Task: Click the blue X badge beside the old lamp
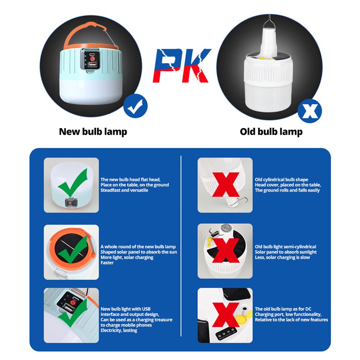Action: [310, 111]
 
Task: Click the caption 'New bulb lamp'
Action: [93, 132]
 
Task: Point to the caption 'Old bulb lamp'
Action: [271, 132]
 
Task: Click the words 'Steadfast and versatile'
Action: [124, 190]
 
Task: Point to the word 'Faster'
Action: [107, 263]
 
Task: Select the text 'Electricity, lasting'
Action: [119, 330]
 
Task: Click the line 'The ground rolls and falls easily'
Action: [287, 190]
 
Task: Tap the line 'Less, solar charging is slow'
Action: [282, 257]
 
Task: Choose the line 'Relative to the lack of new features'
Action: [291, 320]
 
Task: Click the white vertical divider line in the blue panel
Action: [181, 248]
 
